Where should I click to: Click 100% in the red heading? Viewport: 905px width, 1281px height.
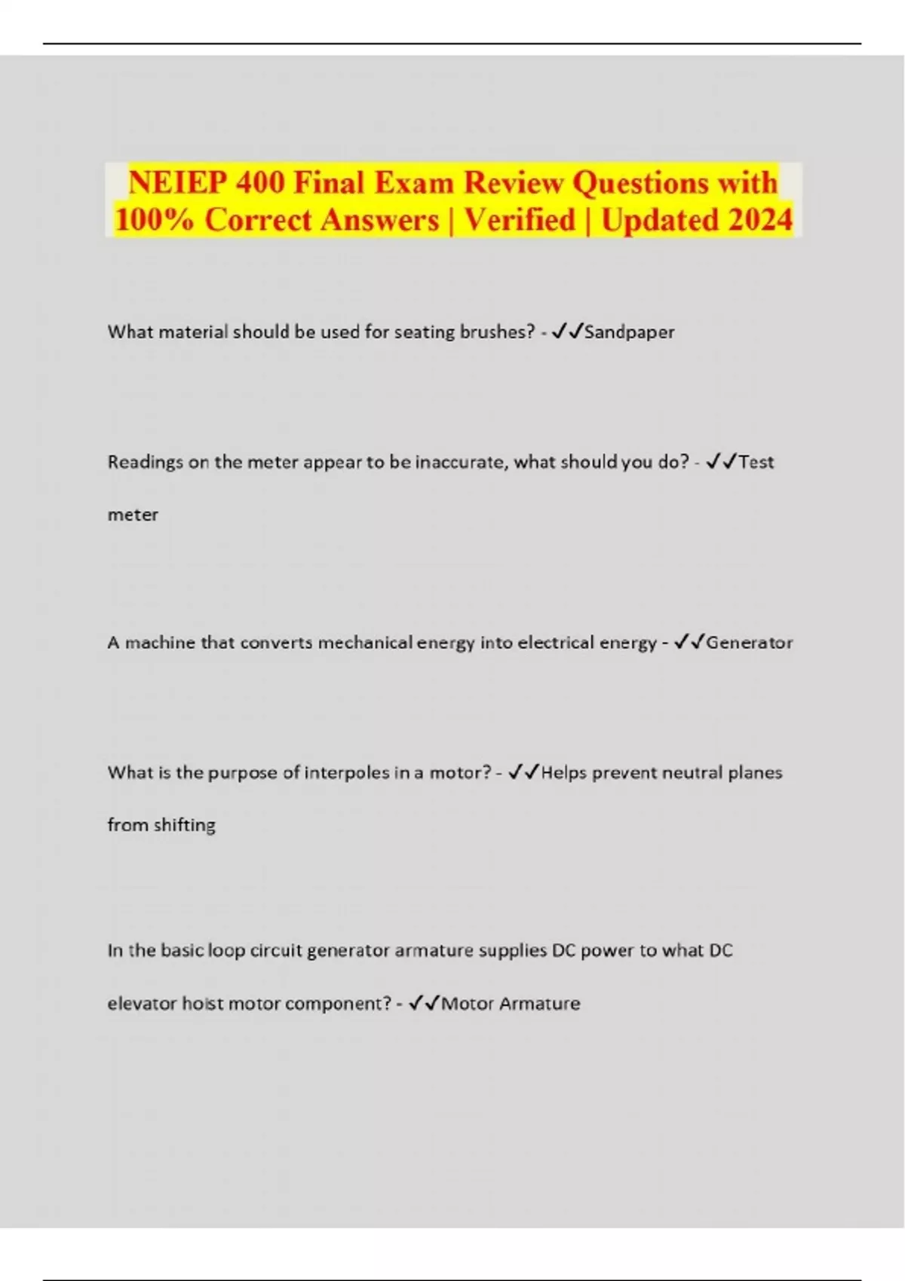click(x=155, y=220)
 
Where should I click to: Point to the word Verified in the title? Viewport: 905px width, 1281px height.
click(x=520, y=220)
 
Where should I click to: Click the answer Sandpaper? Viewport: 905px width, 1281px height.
click(x=629, y=332)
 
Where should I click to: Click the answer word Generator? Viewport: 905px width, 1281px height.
click(x=749, y=643)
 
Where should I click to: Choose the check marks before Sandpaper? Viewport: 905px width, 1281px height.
click(x=567, y=332)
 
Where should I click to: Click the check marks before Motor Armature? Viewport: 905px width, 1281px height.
click(x=424, y=1003)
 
